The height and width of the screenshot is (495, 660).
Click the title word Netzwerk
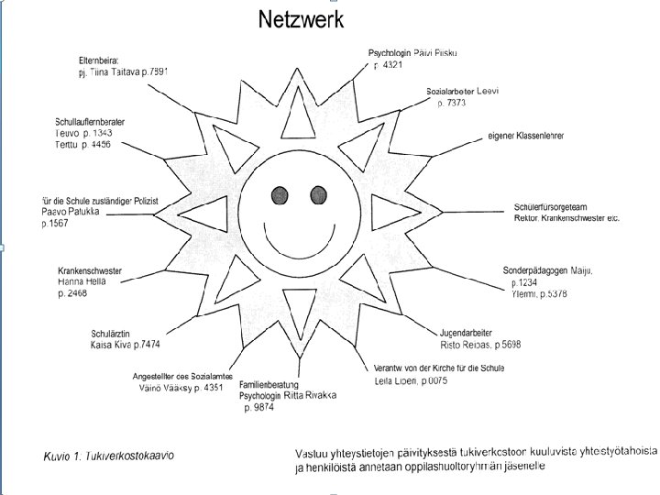pyautogui.click(x=301, y=19)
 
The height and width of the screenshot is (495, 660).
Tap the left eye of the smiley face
pyautogui.click(x=280, y=194)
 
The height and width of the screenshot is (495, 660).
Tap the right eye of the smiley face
pyautogui.click(x=319, y=194)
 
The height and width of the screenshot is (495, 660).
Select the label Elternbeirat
pyautogui.click(x=99, y=60)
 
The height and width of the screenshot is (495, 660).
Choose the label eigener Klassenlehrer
pyautogui.click(x=526, y=136)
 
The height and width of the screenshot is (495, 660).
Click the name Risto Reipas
pyautogui.click(x=465, y=345)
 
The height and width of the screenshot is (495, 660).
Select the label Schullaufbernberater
pyautogui.click(x=90, y=122)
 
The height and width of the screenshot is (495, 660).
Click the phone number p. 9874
pyautogui.click(x=261, y=407)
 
